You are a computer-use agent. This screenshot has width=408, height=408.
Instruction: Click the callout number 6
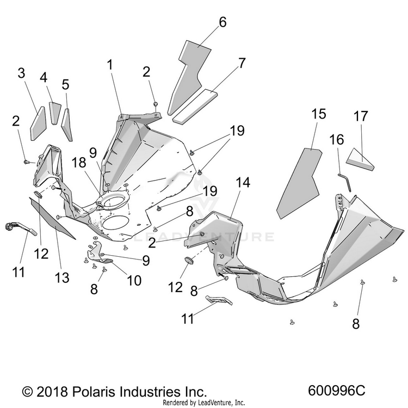point(222,22)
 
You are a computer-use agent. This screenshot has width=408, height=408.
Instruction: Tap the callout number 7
point(242,63)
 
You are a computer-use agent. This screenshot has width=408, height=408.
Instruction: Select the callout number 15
point(318,114)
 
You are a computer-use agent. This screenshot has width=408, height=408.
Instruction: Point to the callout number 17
point(361,116)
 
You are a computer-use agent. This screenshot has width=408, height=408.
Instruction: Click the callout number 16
point(337,140)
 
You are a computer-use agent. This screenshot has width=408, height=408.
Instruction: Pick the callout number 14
point(243,182)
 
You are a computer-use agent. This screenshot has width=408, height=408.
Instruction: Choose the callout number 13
point(62,277)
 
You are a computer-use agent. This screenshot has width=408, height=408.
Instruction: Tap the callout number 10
point(134,280)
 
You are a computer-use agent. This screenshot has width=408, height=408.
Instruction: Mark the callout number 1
point(110,65)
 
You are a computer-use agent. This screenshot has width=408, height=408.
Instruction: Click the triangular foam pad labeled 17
point(360,159)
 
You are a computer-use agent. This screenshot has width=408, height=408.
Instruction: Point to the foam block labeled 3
point(38,123)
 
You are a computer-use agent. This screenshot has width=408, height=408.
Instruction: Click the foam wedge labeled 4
point(55,113)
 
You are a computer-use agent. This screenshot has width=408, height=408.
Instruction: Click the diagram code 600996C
point(337,390)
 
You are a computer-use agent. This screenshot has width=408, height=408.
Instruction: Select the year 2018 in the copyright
point(52,392)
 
